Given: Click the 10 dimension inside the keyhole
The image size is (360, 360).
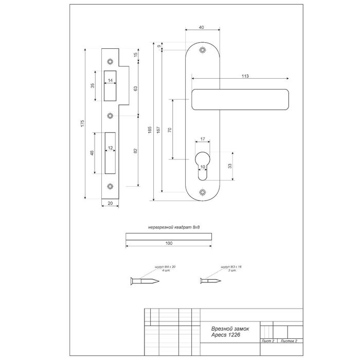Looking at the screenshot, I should tap(203, 167).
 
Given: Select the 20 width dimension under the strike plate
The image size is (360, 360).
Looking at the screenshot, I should tap(111, 204).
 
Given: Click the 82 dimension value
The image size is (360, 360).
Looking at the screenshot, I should tap(135, 150).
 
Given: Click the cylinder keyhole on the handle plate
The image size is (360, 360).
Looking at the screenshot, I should tap(203, 164).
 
